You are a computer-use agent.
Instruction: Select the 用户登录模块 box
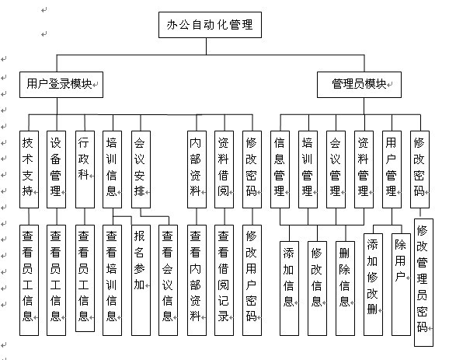[x=61, y=84]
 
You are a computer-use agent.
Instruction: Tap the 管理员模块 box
[x=359, y=84]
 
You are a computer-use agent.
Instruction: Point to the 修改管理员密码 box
[x=423, y=285]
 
